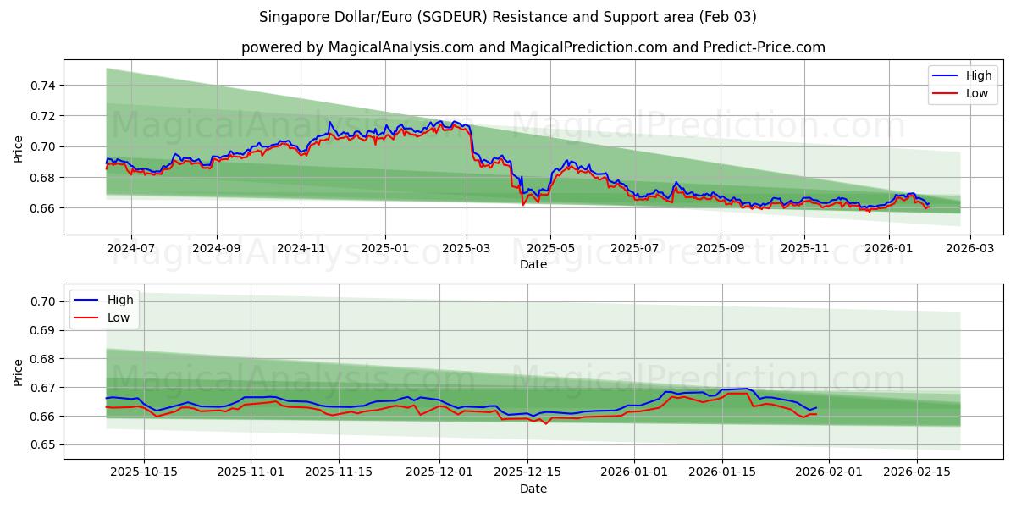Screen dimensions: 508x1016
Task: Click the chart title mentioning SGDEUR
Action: click(x=508, y=17)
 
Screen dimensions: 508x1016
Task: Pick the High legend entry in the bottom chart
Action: click(x=120, y=300)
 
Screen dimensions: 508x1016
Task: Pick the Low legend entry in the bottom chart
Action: click(x=119, y=317)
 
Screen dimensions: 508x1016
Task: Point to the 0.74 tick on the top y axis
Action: click(x=43, y=86)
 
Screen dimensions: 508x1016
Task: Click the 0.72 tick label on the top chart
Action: click(x=43, y=116)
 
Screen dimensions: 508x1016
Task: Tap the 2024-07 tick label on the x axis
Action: click(x=131, y=248)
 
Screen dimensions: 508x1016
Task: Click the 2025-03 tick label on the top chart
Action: click(x=467, y=248)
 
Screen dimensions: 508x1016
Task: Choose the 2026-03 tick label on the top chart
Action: click(x=969, y=248)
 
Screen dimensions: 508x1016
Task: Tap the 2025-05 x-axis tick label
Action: click(x=550, y=248)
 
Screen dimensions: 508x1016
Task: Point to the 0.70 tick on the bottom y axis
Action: click(x=43, y=302)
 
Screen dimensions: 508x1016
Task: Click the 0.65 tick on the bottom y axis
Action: click(x=43, y=445)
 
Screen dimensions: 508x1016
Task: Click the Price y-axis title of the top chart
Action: click(x=19, y=148)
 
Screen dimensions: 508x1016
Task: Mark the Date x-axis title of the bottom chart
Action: click(x=533, y=489)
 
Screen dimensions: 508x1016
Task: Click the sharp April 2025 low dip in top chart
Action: click(x=523, y=204)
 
